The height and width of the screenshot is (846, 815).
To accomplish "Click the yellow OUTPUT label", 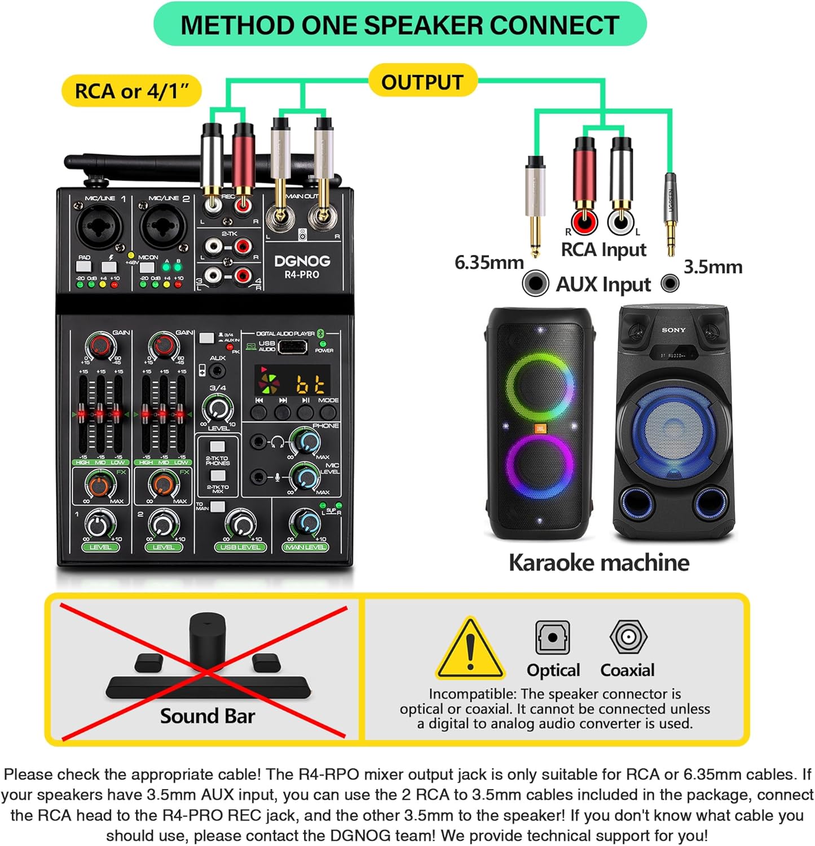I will point(422,82).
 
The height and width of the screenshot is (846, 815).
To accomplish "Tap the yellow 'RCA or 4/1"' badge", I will point(131,91).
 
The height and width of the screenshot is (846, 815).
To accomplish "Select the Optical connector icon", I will point(552,637).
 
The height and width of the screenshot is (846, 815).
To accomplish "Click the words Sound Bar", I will point(207,716).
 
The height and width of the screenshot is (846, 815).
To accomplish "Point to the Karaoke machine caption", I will point(598,562).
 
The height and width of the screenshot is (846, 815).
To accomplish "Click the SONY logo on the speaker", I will point(673,330).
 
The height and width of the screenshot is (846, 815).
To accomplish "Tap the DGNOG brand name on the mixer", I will point(302,261).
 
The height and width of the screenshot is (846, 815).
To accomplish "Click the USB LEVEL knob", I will point(241,524).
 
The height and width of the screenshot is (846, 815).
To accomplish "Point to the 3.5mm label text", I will point(713,267).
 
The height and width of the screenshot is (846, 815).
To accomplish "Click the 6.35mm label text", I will point(489,262).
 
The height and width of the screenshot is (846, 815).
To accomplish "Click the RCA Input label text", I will point(603,249).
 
